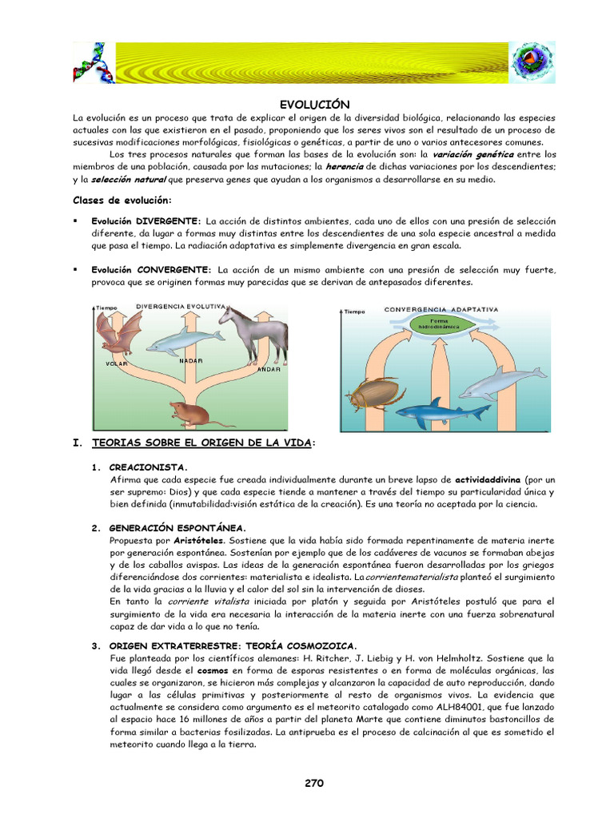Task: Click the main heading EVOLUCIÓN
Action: [x=314, y=105]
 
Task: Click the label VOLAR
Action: [x=117, y=363]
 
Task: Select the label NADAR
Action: [x=190, y=360]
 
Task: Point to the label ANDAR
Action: [x=269, y=370]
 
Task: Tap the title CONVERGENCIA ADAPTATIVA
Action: [x=442, y=308]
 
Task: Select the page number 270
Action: [x=313, y=783]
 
